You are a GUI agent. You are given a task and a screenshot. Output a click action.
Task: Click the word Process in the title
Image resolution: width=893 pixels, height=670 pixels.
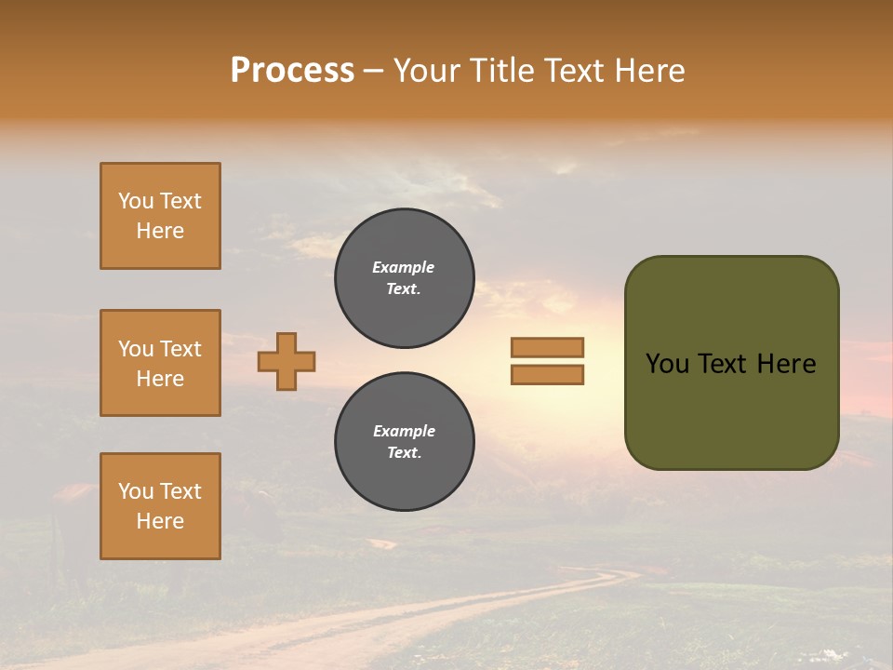[292, 71]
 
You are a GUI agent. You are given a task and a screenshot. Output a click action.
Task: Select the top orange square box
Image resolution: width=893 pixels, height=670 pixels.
[160, 216]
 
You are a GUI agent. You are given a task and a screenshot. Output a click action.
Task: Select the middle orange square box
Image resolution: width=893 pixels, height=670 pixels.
[160, 363]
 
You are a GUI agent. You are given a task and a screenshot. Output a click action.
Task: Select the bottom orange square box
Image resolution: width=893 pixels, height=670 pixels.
[160, 506]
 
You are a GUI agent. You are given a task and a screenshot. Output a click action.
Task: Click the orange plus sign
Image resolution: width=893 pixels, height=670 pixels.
[287, 361]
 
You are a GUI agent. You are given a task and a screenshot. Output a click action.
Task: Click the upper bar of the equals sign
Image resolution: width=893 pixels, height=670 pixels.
[547, 347]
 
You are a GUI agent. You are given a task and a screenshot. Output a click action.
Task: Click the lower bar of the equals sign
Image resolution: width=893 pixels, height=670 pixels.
[547, 374]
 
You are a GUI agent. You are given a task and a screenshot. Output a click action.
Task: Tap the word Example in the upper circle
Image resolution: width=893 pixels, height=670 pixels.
[403, 267]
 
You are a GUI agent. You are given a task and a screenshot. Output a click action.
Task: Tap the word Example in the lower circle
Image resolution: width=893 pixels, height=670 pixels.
[404, 431]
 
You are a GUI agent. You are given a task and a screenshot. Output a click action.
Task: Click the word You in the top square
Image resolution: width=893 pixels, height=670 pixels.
[135, 201]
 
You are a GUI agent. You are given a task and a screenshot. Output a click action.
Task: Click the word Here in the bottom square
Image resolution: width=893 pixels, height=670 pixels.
[160, 521]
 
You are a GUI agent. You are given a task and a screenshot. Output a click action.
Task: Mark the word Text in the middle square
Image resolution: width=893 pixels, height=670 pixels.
[180, 349]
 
